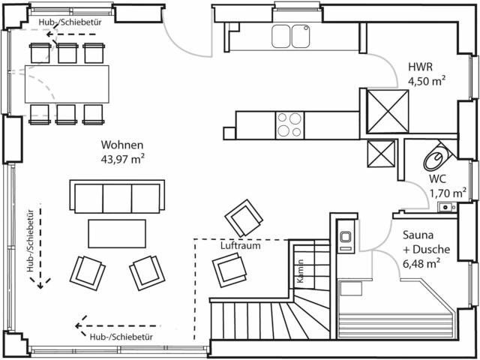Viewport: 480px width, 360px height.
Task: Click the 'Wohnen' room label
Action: tap(122, 144)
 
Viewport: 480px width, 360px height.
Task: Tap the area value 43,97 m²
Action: tap(122, 158)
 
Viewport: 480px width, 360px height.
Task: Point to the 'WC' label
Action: tap(438, 179)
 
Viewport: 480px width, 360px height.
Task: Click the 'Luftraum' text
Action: tap(240, 245)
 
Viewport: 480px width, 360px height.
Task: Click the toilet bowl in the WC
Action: tap(436, 157)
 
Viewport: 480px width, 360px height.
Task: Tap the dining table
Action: tap(67, 82)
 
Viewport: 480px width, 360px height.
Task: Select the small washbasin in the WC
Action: tap(447, 206)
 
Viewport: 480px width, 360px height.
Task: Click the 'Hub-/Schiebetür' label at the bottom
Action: tap(119, 338)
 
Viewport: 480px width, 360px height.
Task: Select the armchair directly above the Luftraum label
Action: tap(244, 218)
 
